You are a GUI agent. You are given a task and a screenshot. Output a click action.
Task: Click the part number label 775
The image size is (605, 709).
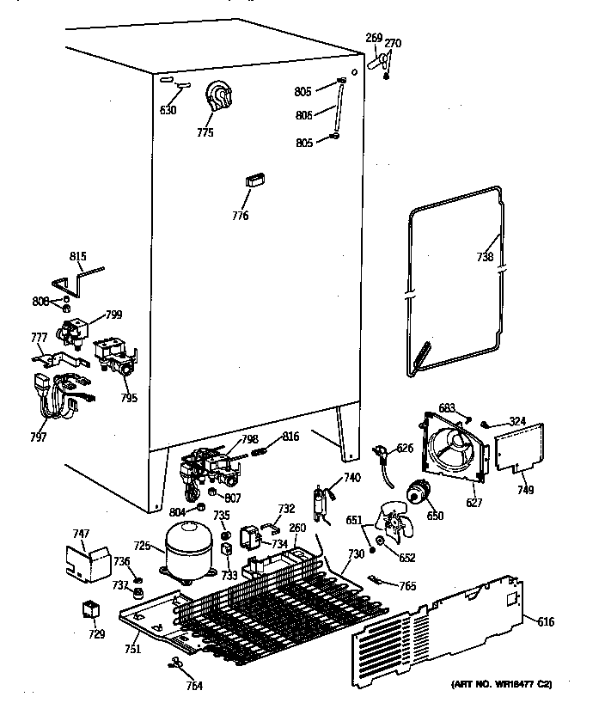click(205, 132)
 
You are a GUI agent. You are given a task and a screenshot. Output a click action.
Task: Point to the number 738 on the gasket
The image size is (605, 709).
click(486, 256)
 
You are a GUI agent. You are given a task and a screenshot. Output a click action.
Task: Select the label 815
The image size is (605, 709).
click(78, 255)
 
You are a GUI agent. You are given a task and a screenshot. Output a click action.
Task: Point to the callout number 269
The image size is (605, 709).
click(374, 37)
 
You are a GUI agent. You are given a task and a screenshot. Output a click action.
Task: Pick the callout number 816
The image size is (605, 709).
click(290, 437)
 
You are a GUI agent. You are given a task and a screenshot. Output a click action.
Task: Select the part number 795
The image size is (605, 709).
click(129, 397)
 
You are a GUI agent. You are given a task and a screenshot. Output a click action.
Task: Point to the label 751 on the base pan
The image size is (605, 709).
click(131, 649)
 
